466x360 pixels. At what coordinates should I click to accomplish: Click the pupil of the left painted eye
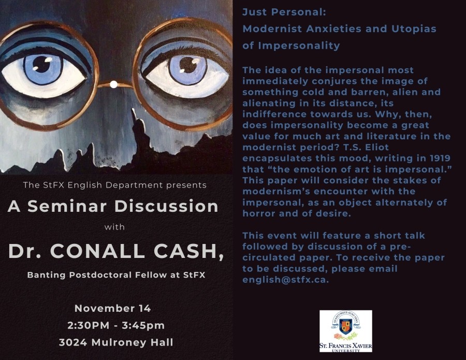[x=43, y=67]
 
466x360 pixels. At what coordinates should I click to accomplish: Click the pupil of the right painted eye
[x=187, y=66]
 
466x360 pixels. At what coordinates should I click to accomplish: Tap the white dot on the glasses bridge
[x=113, y=84]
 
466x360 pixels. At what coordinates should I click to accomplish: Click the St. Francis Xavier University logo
[x=345, y=331]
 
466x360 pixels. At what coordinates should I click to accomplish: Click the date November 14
[x=113, y=309]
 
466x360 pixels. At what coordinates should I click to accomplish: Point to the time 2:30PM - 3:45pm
[x=116, y=325]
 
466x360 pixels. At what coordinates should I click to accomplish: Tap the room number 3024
[x=74, y=342]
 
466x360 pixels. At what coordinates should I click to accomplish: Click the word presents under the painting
[x=187, y=185]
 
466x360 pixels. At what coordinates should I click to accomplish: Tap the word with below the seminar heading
[x=115, y=226]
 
